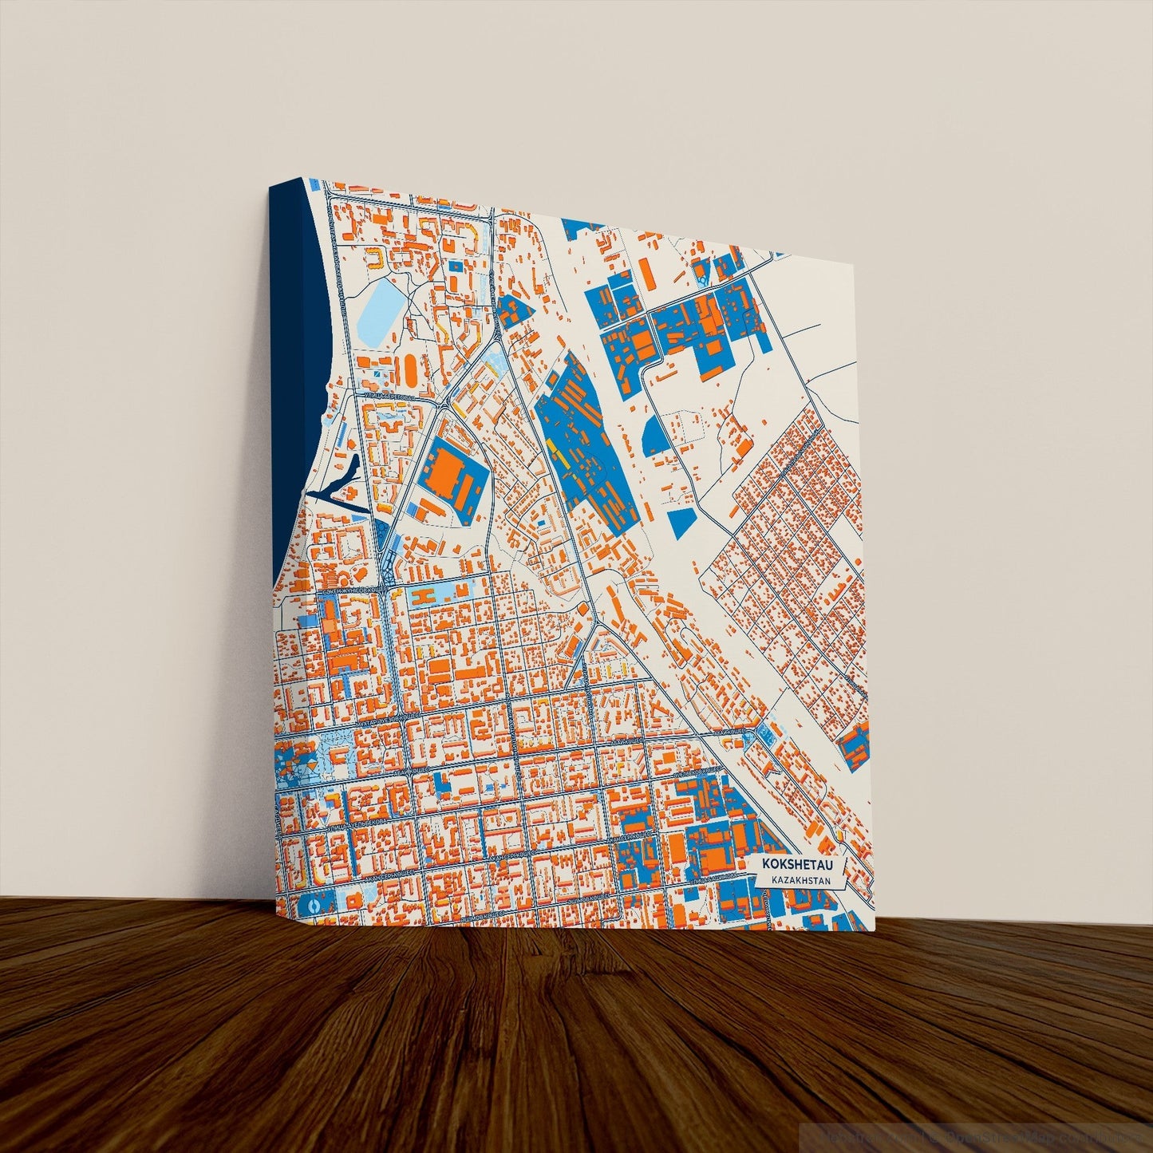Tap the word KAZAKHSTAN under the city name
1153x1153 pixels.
[796, 880]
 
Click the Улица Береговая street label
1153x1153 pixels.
[385, 396]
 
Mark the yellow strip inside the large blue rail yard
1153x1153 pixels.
[558, 458]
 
